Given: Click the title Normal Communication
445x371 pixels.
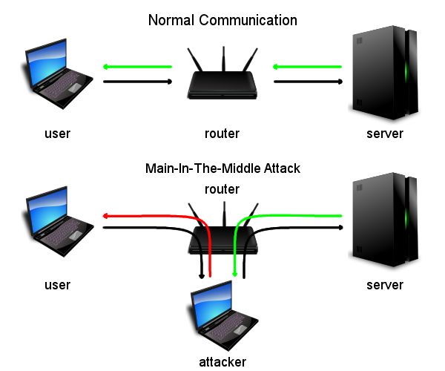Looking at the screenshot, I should tap(222, 20).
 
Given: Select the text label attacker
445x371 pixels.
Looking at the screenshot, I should tap(222, 362).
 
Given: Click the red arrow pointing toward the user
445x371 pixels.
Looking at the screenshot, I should tap(148, 217).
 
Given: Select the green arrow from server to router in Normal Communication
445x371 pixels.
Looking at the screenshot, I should tap(308, 68).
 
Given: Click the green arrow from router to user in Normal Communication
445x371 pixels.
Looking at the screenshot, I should tap(137, 68).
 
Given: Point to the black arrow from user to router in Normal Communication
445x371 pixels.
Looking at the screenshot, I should tap(137, 81).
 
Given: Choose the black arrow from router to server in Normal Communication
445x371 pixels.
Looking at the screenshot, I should tap(308, 81).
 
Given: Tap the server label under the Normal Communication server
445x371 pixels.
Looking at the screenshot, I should tap(385, 134).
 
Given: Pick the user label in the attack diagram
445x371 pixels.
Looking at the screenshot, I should tap(57, 285).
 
